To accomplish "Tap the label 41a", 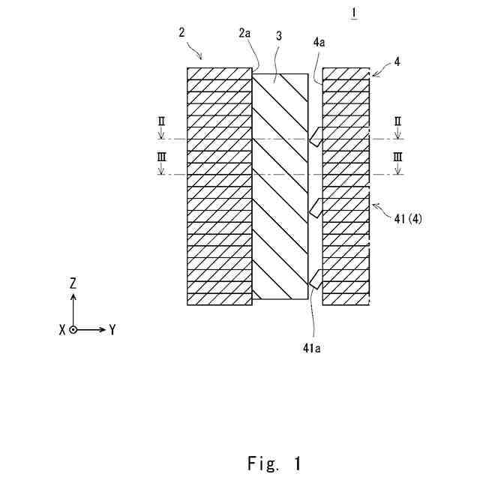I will (313, 347).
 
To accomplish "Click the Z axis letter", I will (73, 283).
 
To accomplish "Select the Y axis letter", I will (112, 329).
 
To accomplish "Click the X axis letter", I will (61, 330).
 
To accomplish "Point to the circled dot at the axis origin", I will (73, 329).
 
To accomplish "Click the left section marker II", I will (161, 121).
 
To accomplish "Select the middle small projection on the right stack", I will (316, 206).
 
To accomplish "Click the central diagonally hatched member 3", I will (280, 187).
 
